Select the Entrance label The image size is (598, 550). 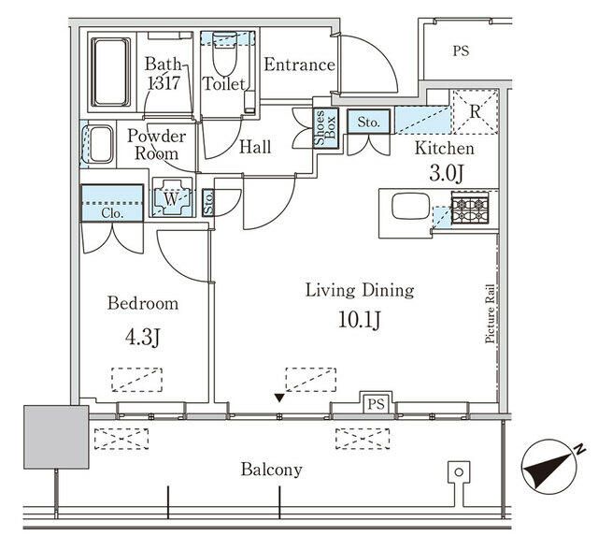pos(298,65)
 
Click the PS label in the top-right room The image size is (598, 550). pos(461,51)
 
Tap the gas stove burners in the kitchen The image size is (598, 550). pos(470,207)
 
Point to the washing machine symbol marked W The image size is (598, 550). pos(171,197)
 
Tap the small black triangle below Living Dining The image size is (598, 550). pos(278,399)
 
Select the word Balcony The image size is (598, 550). pos(271,470)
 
